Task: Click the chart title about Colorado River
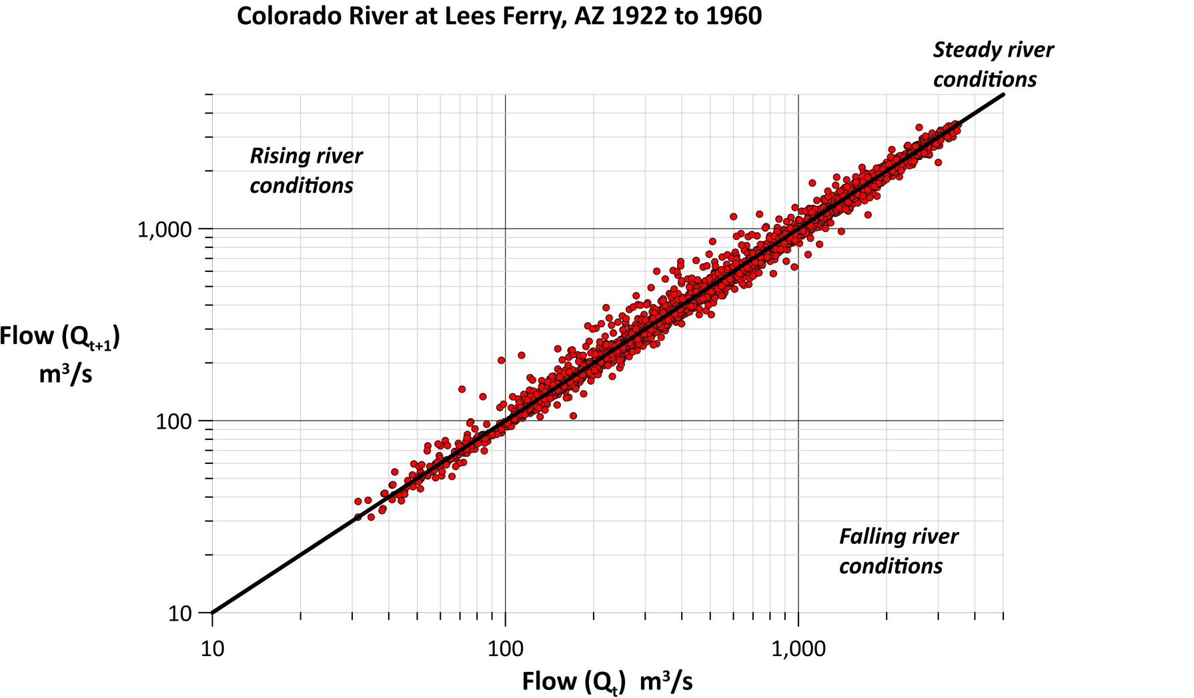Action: tap(499, 16)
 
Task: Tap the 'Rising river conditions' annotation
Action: tap(306, 171)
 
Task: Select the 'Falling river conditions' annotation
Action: tap(898, 551)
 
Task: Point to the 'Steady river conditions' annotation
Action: tap(993, 65)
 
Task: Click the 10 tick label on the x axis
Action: tap(212, 648)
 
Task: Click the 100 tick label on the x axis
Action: tap(505, 648)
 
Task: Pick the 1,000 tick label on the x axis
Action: tap(798, 648)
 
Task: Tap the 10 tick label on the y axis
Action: tap(179, 613)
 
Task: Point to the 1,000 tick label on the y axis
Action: tap(164, 229)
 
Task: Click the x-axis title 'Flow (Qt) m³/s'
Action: tap(607, 681)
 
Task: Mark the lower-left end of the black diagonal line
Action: tap(213, 613)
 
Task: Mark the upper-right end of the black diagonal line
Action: tap(1003, 95)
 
